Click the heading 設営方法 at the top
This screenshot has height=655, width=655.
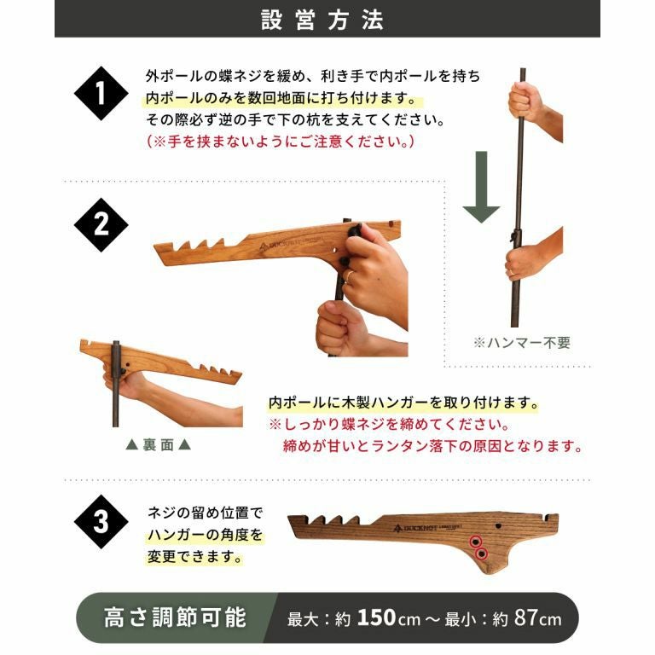point(322,20)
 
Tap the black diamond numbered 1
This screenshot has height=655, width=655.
point(101,93)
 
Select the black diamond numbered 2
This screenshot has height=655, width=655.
point(101,225)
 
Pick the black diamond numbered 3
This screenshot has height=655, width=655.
point(101,522)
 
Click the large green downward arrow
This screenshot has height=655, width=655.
point(481,187)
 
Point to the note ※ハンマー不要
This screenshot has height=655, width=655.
point(522,343)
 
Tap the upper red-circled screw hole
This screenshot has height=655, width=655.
point(475,542)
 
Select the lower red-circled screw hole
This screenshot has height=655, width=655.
point(482,554)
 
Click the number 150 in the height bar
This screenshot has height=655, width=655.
point(377,617)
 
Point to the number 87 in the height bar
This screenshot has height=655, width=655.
point(526,617)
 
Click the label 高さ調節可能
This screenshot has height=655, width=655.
point(175,617)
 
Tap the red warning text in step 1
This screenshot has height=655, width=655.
point(281,142)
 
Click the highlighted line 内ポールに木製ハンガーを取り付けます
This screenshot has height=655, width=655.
point(403,403)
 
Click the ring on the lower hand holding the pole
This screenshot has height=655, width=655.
point(512,272)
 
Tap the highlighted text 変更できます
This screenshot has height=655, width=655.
point(194,557)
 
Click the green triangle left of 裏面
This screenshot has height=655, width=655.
point(132,445)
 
